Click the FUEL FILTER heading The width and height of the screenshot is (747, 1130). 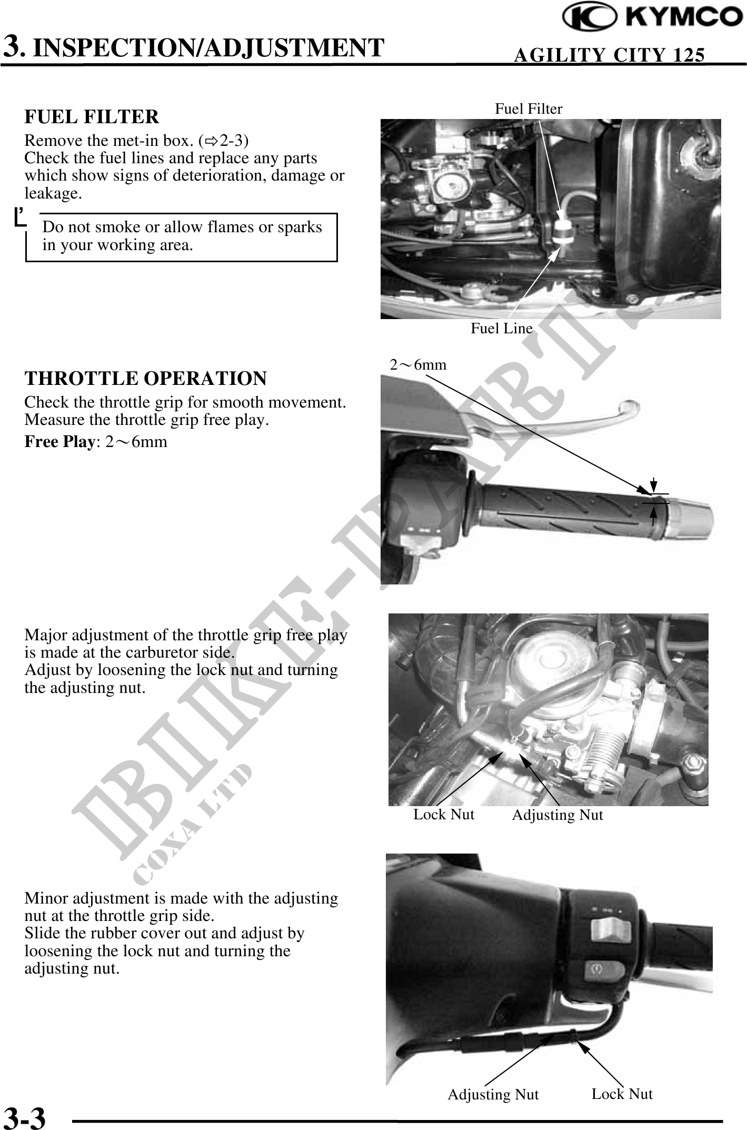point(92,117)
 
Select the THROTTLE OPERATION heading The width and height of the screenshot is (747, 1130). point(146,379)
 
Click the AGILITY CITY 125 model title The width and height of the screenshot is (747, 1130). point(609,55)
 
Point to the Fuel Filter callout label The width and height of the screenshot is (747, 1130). point(529,109)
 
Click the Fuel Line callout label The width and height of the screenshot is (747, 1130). point(502,329)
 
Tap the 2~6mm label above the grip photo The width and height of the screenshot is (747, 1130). point(418,364)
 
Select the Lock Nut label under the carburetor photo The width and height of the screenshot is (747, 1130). point(444,815)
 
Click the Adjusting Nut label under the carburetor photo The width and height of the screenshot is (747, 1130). point(557,815)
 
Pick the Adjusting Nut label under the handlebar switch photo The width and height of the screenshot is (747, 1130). point(493,1095)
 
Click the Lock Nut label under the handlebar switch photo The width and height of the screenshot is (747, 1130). point(622,1094)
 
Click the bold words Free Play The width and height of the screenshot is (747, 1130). point(59,442)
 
